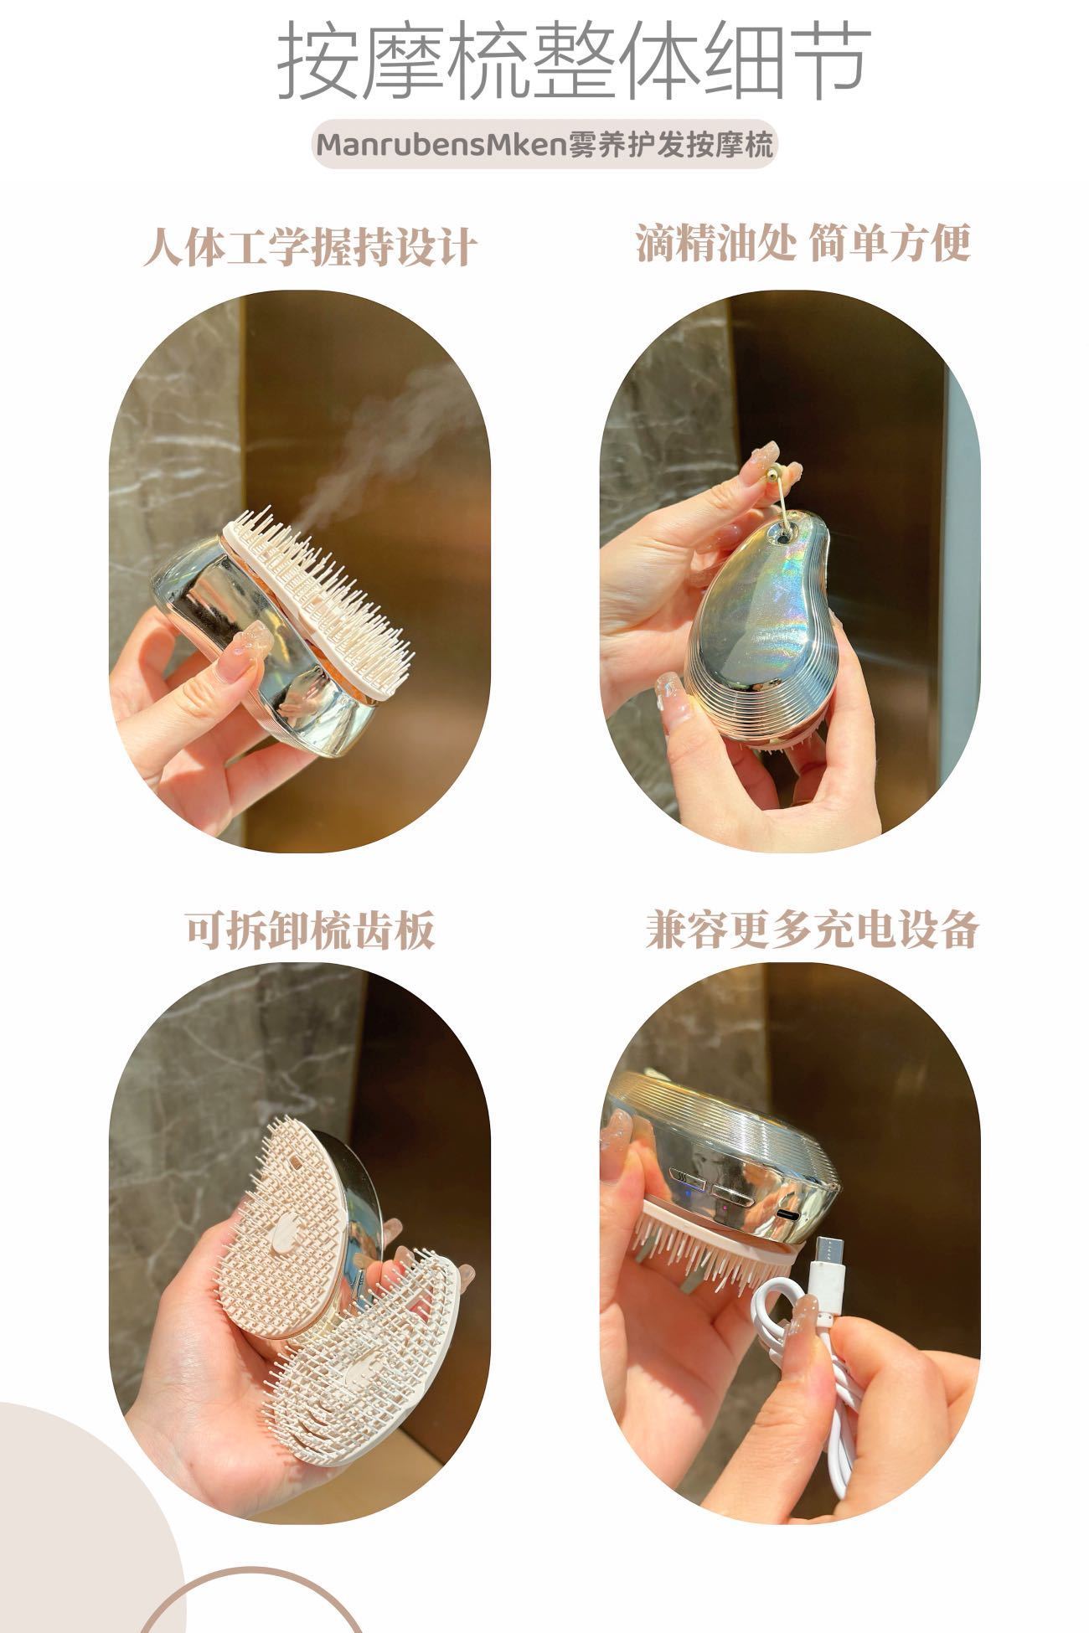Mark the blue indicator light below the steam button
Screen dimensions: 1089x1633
point(698,1209)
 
